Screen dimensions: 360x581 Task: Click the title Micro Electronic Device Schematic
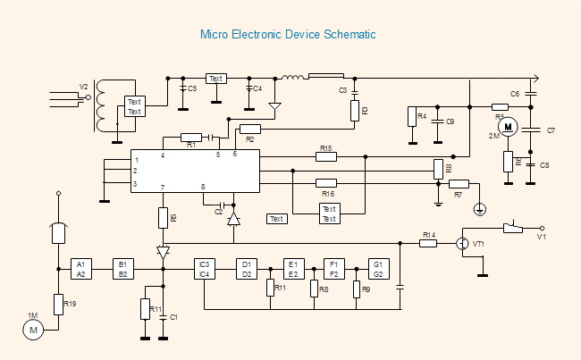point(288,35)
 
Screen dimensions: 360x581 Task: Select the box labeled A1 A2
point(81,269)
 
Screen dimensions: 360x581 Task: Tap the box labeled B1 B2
point(123,269)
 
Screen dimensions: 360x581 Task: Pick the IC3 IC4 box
point(205,269)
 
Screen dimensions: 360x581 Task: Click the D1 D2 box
point(247,269)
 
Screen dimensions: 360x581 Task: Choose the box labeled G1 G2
point(378,269)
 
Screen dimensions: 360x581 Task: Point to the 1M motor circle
point(34,331)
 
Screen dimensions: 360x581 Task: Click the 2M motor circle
point(508,128)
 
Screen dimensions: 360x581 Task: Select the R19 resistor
point(58,305)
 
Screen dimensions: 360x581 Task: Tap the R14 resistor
point(429,242)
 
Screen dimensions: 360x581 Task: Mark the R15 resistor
point(326,156)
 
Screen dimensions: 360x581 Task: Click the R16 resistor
point(326,183)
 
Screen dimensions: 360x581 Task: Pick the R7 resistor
point(459,184)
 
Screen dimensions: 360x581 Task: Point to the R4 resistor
point(411,117)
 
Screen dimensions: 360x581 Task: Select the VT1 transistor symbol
point(463,243)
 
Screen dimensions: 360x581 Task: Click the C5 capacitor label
point(192,89)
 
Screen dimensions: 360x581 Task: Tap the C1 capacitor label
point(174,318)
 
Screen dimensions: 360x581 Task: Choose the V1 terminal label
point(541,238)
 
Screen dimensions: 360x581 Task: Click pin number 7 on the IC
point(162,187)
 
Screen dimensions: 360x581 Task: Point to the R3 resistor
point(354,111)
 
